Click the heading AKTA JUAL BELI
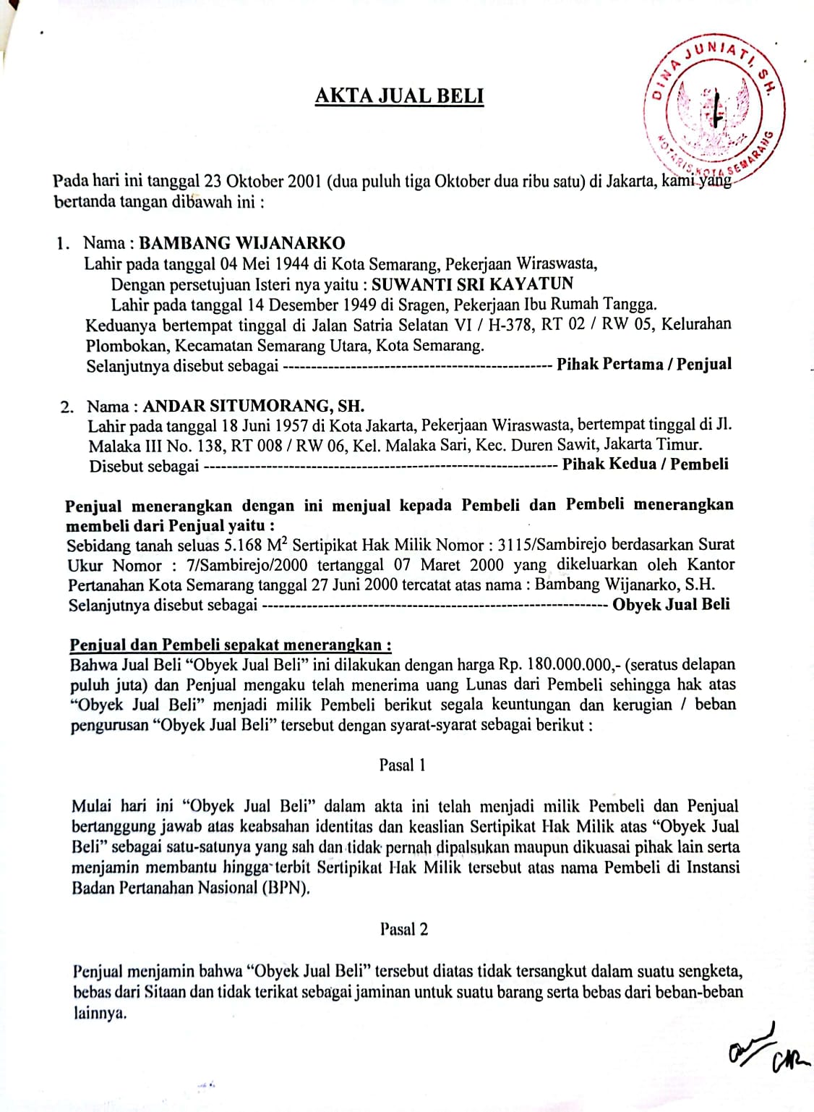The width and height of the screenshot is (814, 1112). point(399,96)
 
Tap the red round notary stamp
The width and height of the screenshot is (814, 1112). point(714,107)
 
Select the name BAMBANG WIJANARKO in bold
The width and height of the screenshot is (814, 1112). point(242,243)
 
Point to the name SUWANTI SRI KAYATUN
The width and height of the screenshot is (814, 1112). point(473,284)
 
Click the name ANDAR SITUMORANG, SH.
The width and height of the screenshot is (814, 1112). point(253,406)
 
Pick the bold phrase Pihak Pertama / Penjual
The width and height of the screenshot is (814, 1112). point(643,364)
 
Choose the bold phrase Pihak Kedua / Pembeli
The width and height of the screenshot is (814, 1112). point(645,464)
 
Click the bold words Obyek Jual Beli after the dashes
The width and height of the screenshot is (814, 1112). point(671,604)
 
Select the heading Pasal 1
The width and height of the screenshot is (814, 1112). point(403,765)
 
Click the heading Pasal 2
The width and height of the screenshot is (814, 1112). point(404,929)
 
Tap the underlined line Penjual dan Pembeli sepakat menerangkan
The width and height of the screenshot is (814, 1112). point(231,645)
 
